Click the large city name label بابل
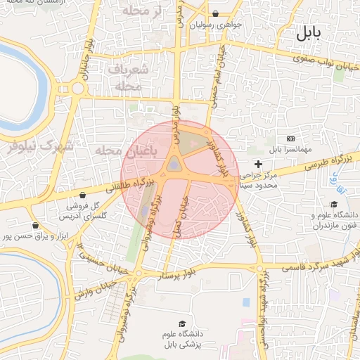coord(308,32)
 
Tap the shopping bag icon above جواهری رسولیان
coord(215,13)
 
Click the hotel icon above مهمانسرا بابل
coord(291,139)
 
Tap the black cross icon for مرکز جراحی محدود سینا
coord(258,164)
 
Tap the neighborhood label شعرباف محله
coord(127,77)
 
